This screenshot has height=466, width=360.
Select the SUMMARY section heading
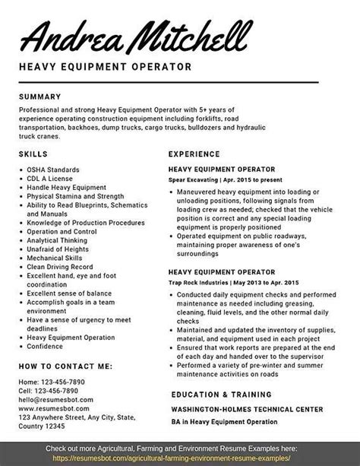click(45, 97)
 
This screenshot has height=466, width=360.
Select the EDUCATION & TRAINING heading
click(222, 395)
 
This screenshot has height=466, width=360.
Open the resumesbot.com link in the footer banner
click(180, 459)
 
